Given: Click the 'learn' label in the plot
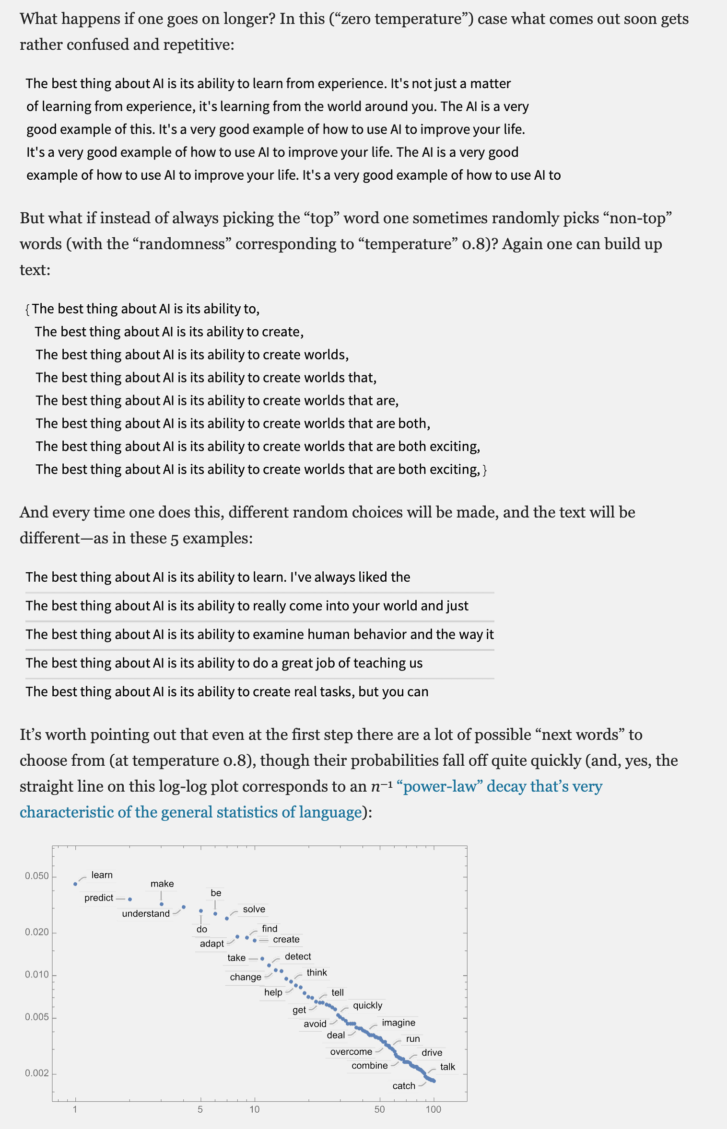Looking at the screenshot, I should click(102, 875).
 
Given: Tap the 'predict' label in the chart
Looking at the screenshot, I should click(99, 898).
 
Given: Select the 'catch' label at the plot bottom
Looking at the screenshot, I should click(404, 1086).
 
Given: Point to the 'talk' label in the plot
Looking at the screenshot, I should click(447, 1067).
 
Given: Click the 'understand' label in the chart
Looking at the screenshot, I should click(146, 913).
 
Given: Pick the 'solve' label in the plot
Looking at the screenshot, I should click(254, 909).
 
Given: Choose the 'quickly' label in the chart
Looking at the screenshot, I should click(367, 1005).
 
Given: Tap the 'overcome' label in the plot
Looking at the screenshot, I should click(351, 1052).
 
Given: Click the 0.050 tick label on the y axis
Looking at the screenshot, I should click(37, 876).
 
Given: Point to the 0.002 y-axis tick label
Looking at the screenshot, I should click(37, 1073).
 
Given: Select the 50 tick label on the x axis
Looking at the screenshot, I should click(379, 1109).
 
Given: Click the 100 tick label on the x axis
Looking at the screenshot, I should click(433, 1109).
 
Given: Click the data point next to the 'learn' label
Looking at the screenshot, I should click(75, 884).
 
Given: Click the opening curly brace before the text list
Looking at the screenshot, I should click(27, 310).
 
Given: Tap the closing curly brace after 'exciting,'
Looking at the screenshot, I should click(485, 470).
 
